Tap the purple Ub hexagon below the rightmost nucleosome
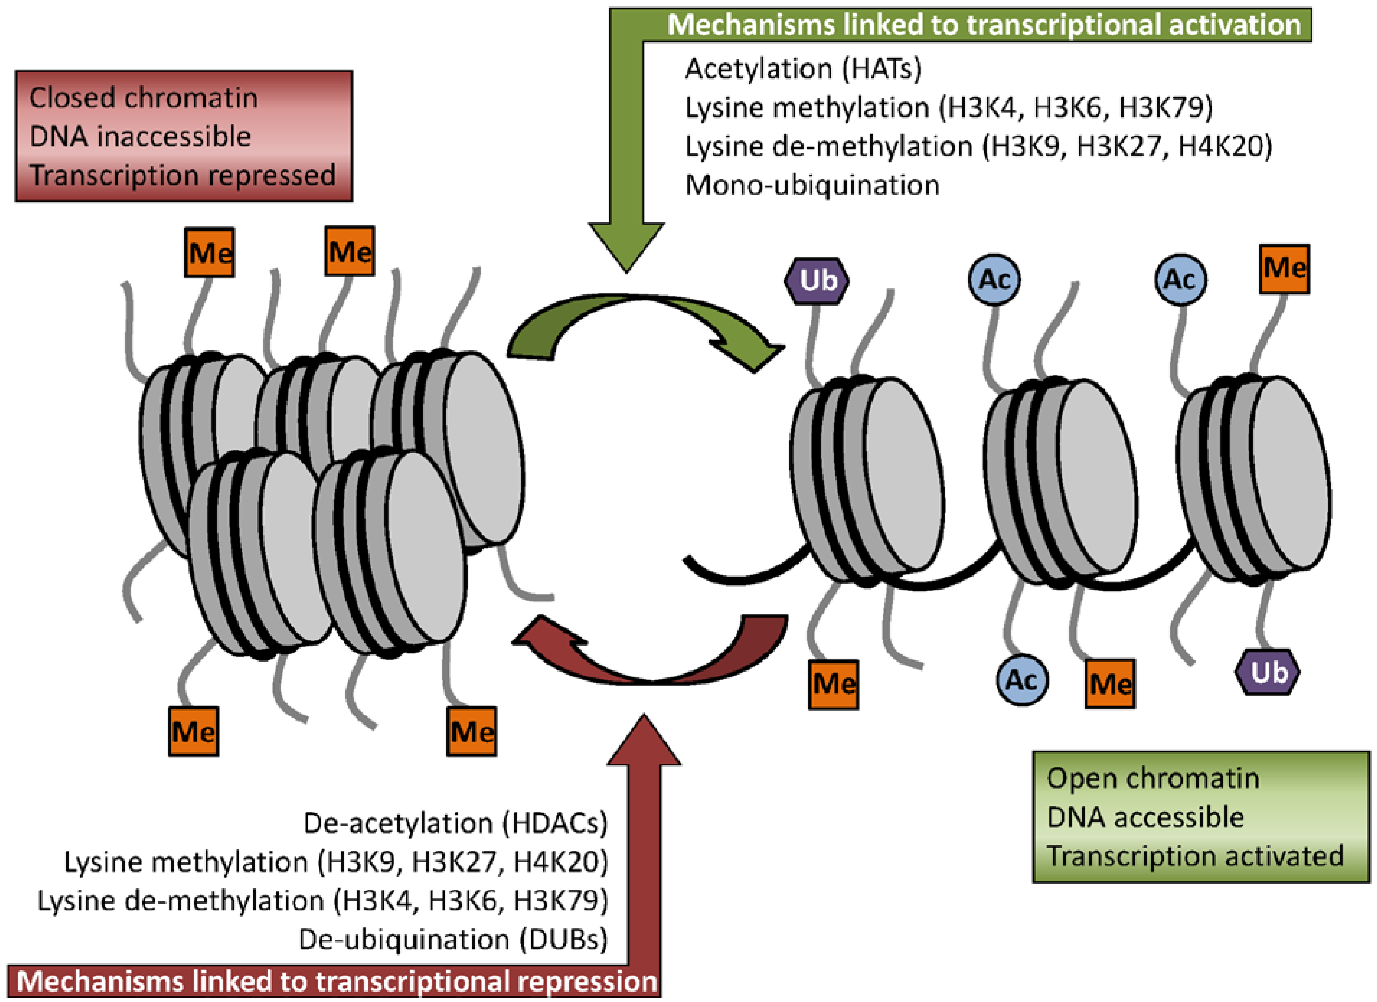click(1268, 672)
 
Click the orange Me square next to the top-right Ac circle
click(1284, 268)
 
